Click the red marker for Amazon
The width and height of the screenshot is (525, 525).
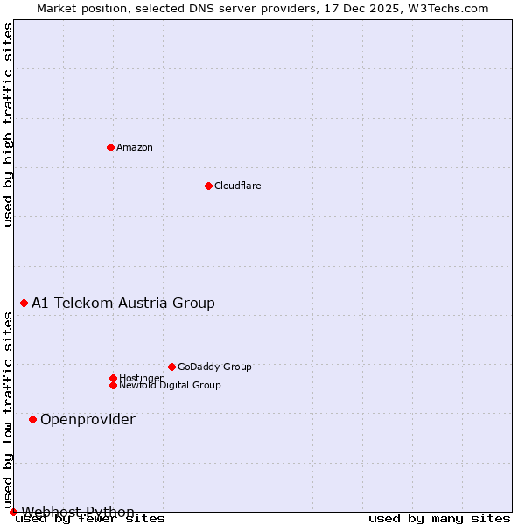[110, 147]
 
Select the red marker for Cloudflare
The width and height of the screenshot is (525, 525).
[208, 185]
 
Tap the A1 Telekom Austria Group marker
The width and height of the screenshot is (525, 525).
[24, 303]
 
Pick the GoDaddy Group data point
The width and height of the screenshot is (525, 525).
[171, 367]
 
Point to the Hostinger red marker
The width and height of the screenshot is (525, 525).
[113, 378]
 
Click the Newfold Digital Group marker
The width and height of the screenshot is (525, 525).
[113, 385]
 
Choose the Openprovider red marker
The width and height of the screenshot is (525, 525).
[32, 419]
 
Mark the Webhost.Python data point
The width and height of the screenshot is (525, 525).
[13, 512]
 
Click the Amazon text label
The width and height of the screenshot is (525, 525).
[135, 147]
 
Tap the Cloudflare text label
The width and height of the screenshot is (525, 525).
[238, 185]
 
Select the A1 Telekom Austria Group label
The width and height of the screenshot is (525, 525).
[123, 303]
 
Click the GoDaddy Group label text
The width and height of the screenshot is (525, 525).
[214, 367]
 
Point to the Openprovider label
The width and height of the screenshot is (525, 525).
[87, 419]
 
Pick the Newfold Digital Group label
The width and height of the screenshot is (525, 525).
[170, 385]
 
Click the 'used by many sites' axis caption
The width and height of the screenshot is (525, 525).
[439, 518]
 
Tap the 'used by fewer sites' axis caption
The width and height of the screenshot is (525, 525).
[91, 518]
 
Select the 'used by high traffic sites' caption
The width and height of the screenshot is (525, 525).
[8, 124]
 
